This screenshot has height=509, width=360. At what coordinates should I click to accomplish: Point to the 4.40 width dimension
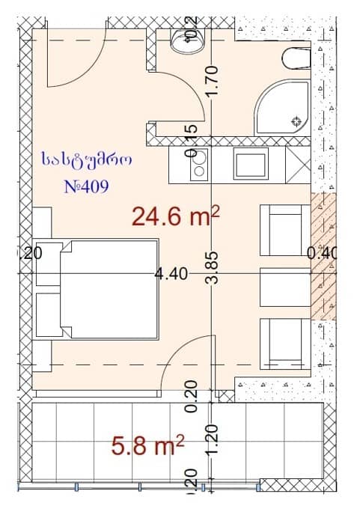pyautogui.click(x=170, y=274)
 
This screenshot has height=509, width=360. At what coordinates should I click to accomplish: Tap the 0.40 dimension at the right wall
pyautogui.click(x=323, y=253)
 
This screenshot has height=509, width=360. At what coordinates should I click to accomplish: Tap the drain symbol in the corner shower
pyautogui.click(x=296, y=121)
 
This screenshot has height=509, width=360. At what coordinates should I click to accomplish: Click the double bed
pyautogui.click(x=97, y=288)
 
